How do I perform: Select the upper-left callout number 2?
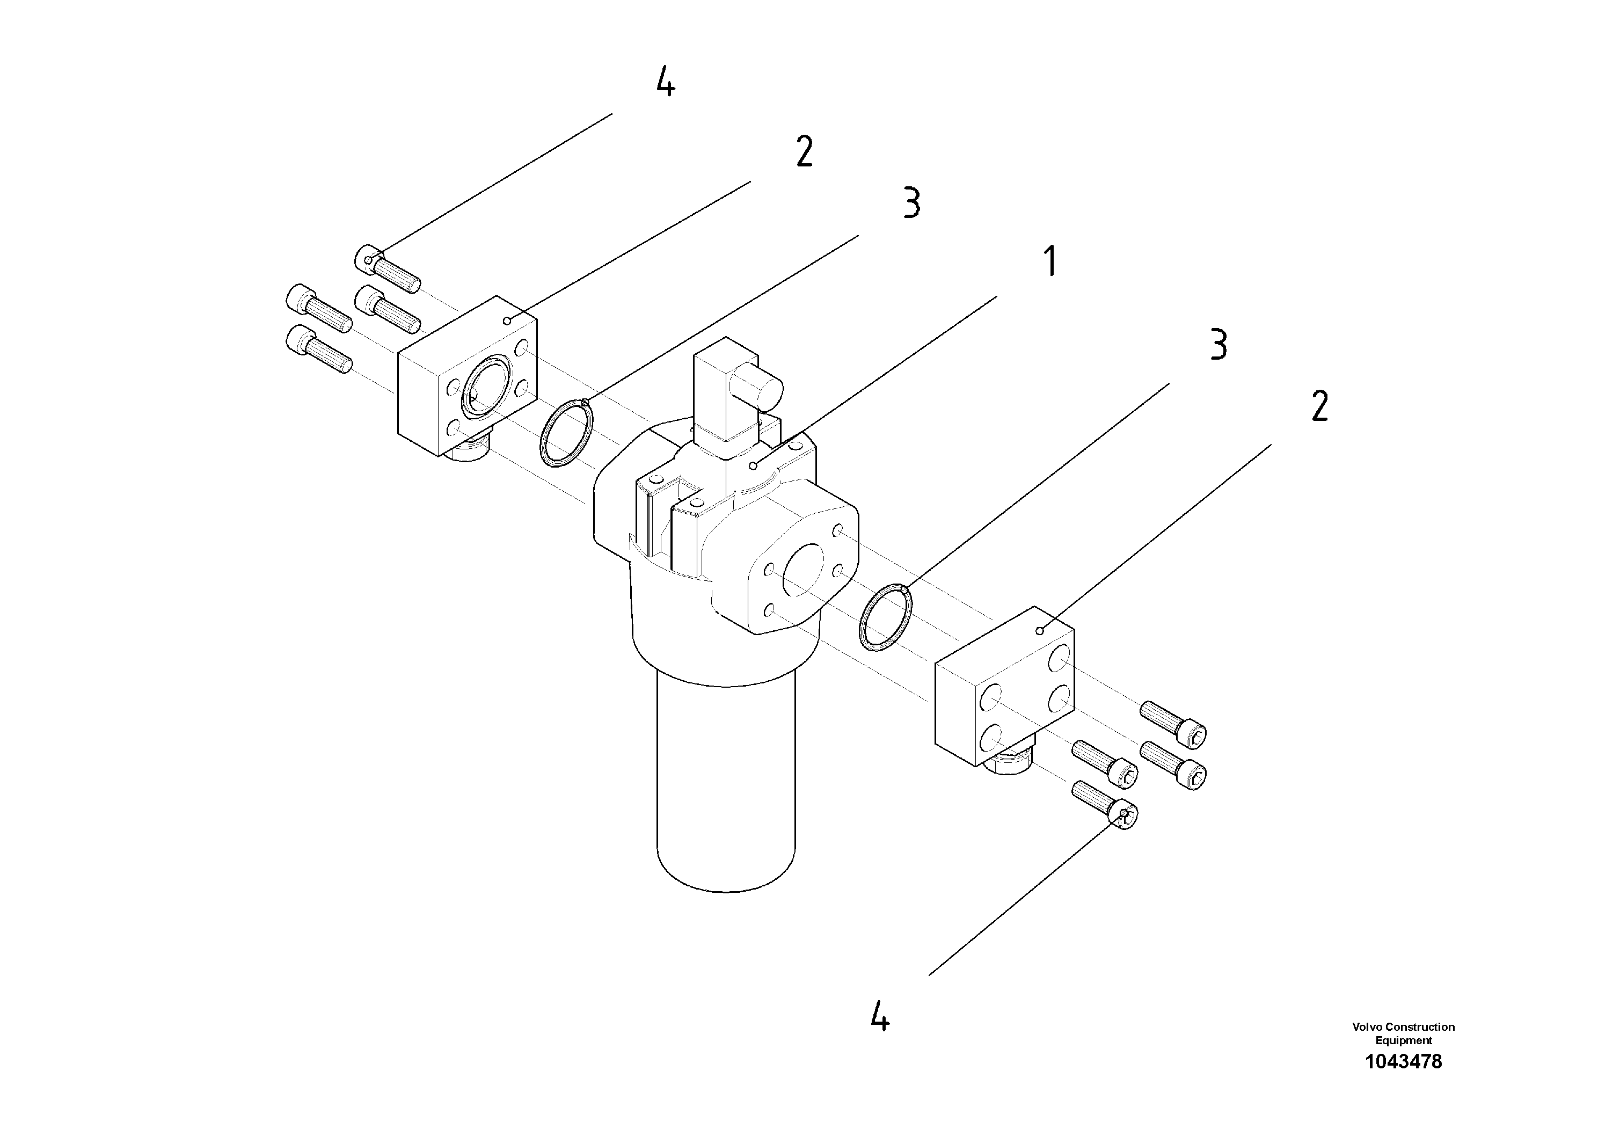pyautogui.click(x=804, y=152)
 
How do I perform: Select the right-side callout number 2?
pyautogui.click(x=1319, y=407)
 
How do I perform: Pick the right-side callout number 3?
pyautogui.click(x=1218, y=345)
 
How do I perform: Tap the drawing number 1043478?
pyautogui.click(x=1403, y=1061)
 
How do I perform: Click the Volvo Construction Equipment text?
pyautogui.click(x=1403, y=1033)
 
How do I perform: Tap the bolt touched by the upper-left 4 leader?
pyautogui.click(x=390, y=269)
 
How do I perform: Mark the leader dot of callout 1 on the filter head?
pyautogui.click(x=753, y=465)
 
